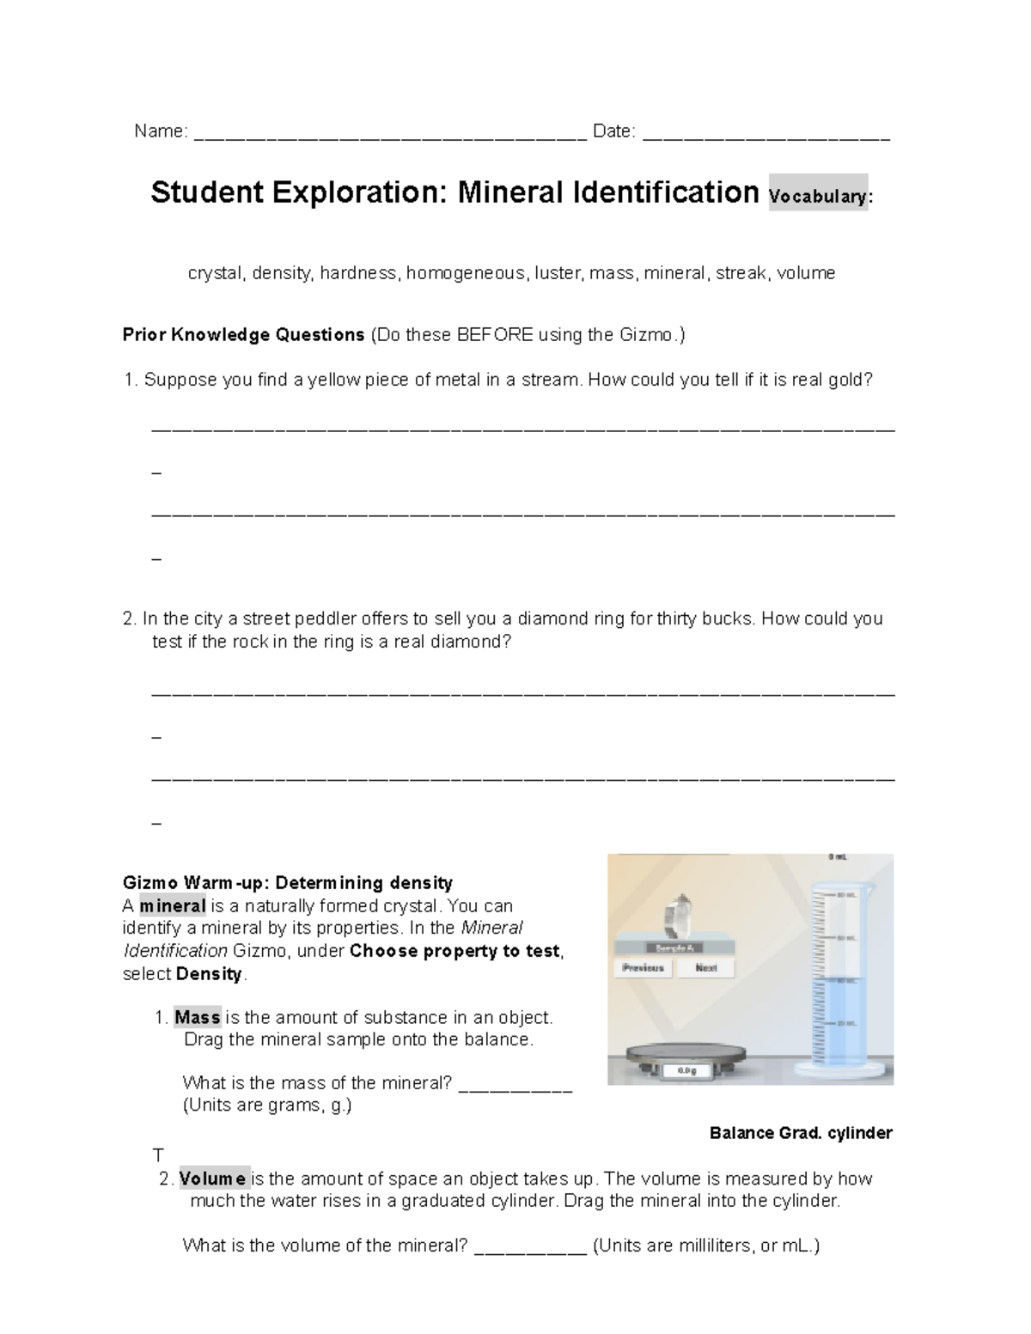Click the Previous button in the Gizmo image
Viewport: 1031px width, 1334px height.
pos(644,968)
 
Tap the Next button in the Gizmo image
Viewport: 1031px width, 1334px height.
pos(705,968)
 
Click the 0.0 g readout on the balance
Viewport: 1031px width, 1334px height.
pos(686,1070)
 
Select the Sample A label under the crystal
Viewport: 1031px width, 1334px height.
pos(675,948)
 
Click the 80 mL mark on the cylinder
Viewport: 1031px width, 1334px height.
pos(846,895)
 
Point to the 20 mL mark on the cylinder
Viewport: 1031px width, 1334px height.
pos(846,1023)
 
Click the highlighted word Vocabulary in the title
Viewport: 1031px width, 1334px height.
pos(818,196)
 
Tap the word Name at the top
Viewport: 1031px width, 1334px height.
pos(160,131)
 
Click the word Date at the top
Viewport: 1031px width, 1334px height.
pos(613,131)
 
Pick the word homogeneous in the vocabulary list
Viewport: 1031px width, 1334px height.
pos(465,273)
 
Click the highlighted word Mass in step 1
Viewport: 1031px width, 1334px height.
pos(198,1017)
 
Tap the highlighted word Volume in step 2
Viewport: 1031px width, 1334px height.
pos(213,1179)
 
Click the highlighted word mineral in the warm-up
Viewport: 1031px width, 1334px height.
pos(173,905)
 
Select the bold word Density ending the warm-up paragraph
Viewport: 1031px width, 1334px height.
pos(210,974)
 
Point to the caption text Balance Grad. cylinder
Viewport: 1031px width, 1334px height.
pos(801,1133)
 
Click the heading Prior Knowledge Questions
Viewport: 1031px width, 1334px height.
pos(244,335)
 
